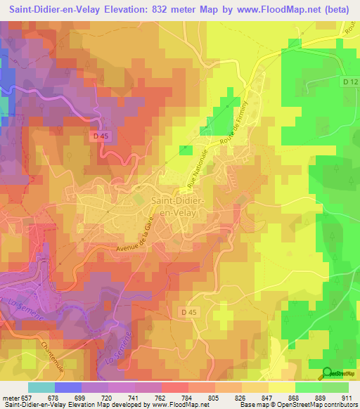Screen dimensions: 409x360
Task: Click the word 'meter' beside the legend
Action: coord(8,398)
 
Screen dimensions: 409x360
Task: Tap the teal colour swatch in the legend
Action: coord(41,387)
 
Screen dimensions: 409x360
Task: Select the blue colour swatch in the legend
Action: coord(67,387)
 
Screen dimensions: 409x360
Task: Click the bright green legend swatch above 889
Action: coord(308,387)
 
